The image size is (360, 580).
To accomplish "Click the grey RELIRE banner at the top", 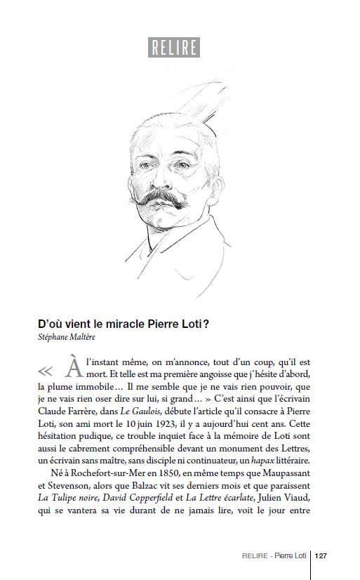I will (174, 47).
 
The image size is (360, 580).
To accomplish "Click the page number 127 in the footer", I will (321, 555).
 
